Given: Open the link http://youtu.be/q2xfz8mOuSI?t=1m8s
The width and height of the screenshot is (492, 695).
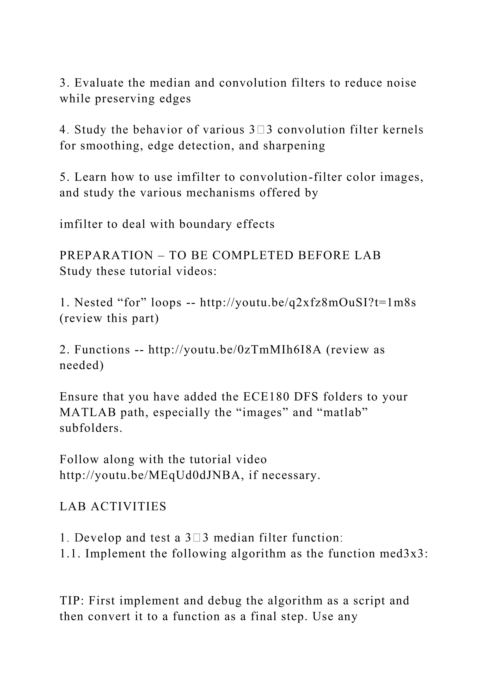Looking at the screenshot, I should coord(308,302).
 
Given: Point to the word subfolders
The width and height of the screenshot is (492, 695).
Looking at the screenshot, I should coord(91,428).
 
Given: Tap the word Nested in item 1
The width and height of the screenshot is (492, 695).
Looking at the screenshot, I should coord(94,302).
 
